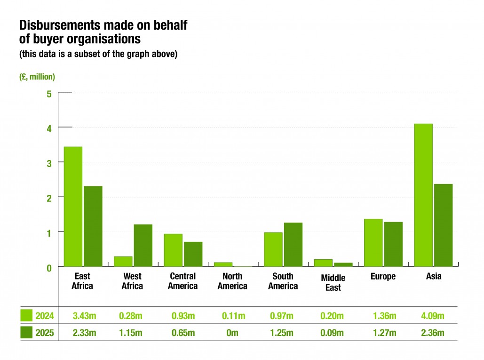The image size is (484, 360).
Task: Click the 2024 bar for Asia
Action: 423,195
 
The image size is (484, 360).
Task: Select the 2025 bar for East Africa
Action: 93,226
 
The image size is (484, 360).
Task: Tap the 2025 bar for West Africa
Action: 143,245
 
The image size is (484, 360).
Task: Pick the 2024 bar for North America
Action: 223,264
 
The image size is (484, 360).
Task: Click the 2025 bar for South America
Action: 293,244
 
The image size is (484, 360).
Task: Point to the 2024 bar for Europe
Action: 373,242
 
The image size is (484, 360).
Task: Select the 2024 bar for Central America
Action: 173,250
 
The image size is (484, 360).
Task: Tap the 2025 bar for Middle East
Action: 343,264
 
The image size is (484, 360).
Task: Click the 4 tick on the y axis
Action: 48,128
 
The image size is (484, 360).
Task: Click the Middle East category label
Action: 333,282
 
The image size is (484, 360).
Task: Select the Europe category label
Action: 383,277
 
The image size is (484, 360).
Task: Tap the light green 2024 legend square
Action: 26,315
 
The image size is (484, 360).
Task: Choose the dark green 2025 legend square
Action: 26,333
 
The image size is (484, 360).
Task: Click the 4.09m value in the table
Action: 433,315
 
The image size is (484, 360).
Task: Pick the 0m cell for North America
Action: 232,333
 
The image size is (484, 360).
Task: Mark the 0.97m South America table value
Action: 283,315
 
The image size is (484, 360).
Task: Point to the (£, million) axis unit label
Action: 37,77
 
